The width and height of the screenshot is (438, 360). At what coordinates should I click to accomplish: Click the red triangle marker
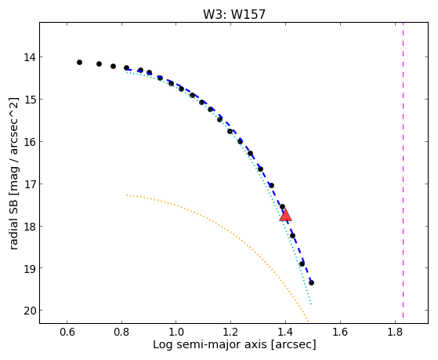[x=285, y=215]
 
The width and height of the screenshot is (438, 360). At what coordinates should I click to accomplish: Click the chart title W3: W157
[x=233, y=14]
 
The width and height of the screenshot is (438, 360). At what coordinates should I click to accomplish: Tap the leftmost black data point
[x=79, y=63]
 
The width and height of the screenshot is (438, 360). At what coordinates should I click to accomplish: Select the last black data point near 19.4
[x=311, y=283]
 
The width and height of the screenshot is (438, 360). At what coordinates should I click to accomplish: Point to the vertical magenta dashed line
[x=403, y=170]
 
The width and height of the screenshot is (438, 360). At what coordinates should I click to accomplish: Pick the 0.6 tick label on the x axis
[x=67, y=332]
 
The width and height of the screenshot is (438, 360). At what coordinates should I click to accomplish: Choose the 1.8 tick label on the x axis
[x=395, y=332]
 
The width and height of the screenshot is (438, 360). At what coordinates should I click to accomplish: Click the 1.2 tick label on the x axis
[x=230, y=332]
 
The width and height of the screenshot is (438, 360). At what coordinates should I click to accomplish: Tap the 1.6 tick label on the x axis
[x=340, y=332]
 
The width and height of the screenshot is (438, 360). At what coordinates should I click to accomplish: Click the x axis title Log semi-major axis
[x=210, y=345]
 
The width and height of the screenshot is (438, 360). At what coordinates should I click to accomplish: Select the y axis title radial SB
[x=14, y=224]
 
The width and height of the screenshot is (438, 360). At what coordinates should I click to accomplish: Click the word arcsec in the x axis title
[x=293, y=345]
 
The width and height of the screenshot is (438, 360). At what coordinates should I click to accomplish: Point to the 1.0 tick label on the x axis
[x=176, y=332]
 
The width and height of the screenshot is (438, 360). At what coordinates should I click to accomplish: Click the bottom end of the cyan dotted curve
[x=311, y=304]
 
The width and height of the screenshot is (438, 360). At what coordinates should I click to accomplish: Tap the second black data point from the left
[x=99, y=64]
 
